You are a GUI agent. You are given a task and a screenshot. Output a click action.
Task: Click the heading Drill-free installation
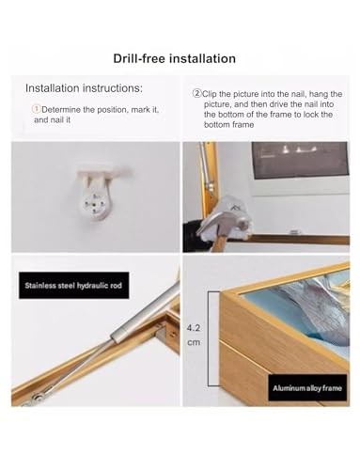coord(174,58)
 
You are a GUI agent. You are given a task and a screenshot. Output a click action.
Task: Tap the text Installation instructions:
coord(84,88)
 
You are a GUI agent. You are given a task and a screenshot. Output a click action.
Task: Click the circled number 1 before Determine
coord(37,109)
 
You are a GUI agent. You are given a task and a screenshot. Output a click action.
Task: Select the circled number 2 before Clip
coord(196,93)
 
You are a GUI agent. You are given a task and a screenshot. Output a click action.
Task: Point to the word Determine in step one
coord(61,110)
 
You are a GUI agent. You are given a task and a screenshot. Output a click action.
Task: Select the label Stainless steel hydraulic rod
coord(73,286)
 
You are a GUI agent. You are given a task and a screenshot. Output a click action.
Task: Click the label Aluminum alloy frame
coord(307,388)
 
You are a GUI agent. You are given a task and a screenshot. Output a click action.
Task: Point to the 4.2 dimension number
coord(194,328)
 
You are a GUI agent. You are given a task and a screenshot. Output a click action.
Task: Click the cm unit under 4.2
coord(194,342)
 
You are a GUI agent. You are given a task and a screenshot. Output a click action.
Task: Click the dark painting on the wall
coord(301,160)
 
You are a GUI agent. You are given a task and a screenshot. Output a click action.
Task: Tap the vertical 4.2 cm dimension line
coord(210,338)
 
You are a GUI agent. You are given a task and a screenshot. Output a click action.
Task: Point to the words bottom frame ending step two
coord(228,125)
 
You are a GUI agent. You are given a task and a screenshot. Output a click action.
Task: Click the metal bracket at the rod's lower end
coord(35,399)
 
